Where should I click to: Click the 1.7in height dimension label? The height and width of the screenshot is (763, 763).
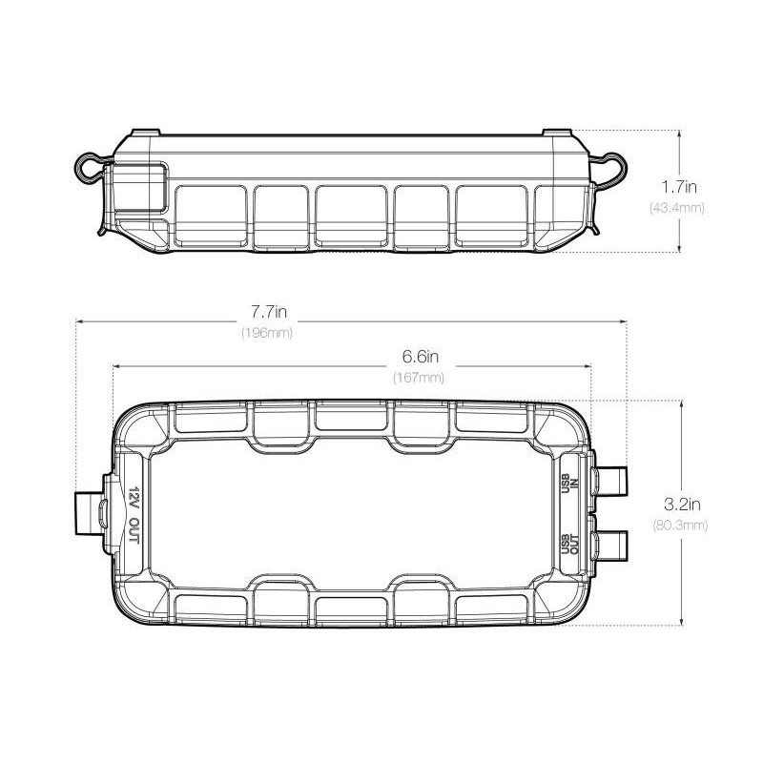pyautogui.click(x=679, y=186)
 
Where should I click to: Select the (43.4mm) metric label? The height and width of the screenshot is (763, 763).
pyautogui.click(x=677, y=208)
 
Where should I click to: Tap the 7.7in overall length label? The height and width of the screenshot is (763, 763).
pyautogui.click(x=269, y=312)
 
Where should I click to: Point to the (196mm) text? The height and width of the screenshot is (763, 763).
pyautogui.click(x=267, y=333)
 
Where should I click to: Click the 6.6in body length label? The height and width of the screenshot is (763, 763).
pyautogui.click(x=421, y=357)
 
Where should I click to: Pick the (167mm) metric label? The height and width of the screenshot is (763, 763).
pyautogui.click(x=419, y=378)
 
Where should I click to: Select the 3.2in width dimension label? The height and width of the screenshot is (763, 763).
pyautogui.click(x=682, y=505)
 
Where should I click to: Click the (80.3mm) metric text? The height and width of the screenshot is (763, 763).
pyautogui.click(x=680, y=526)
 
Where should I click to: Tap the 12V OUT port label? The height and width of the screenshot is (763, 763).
pyautogui.click(x=134, y=515)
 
